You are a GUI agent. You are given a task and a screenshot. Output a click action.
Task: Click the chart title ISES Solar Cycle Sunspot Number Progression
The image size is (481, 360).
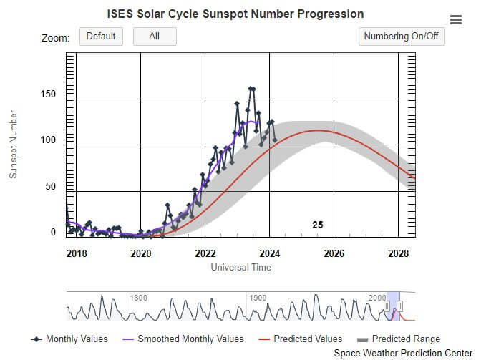click(235, 14)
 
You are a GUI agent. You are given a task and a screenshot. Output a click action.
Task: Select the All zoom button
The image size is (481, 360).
click(155, 37)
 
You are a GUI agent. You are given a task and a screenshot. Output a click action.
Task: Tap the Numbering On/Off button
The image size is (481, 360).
click(401, 37)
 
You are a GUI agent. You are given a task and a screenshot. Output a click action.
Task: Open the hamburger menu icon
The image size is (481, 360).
click(456, 20)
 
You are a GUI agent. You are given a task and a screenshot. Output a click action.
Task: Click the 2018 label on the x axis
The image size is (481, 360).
click(76, 253)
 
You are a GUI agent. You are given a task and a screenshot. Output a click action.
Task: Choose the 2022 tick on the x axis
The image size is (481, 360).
click(205, 253)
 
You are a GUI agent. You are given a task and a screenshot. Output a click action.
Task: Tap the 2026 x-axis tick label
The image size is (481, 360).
click(334, 253)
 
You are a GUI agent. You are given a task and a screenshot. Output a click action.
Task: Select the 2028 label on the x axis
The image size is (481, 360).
click(398, 253)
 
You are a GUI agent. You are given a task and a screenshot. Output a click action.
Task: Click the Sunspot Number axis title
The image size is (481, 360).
click(13, 144)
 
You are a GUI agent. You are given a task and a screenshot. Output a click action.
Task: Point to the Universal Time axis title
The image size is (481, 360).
click(240, 267)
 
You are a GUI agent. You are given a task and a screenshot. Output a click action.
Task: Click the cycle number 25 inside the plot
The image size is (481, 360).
click(318, 225)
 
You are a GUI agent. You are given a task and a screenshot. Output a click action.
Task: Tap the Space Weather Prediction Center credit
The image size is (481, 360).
click(404, 354)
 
